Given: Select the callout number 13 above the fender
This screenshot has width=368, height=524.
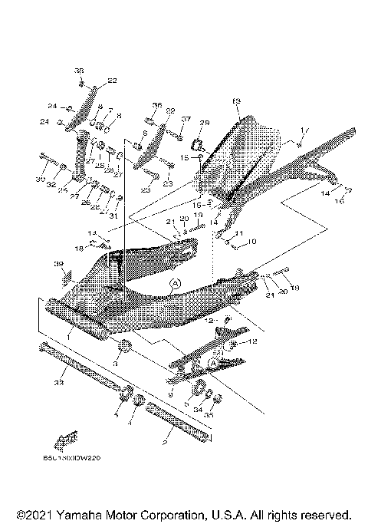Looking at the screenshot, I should click(236, 101).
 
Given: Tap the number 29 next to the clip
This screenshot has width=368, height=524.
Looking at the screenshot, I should click(204, 124).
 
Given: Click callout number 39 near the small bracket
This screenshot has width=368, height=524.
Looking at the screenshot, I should click(57, 263).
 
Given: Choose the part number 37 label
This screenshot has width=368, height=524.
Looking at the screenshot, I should click(185, 119).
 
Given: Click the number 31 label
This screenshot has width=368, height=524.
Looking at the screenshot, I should click(114, 216).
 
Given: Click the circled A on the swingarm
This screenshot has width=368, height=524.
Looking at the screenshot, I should click(174, 283).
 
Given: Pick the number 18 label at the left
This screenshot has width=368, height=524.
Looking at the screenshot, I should click(79, 248).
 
